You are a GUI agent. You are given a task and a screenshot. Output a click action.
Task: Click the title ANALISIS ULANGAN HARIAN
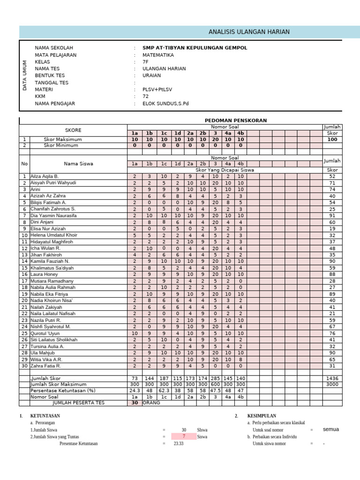click(x=249, y=32)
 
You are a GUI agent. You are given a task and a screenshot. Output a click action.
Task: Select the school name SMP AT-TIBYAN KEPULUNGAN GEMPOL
click(x=195, y=48)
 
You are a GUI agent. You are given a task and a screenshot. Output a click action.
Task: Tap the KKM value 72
click(x=146, y=97)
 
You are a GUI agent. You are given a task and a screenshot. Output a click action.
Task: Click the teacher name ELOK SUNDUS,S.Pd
click(x=165, y=104)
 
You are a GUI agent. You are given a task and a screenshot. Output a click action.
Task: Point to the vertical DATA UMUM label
click(x=25, y=75)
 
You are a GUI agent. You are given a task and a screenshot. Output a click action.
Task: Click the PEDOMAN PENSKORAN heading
click(x=235, y=120)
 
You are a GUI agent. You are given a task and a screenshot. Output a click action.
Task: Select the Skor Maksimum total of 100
click(x=332, y=140)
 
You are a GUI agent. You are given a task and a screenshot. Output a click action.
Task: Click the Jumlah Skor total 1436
click(x=332, y=378)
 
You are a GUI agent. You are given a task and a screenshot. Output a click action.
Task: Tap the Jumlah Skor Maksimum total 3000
click(x=332, y=384)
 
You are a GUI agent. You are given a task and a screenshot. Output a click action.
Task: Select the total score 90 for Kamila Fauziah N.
click(x=332, y=261)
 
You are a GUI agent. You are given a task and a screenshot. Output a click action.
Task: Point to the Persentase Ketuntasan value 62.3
click(x=164, y=390)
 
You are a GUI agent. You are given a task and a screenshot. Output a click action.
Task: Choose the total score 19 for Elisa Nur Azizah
click(x=332, y=228)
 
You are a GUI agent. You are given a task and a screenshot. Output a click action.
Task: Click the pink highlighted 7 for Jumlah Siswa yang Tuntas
click(x=183, y=436)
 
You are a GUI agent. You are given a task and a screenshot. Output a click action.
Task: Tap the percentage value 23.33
click(x=179, y=443)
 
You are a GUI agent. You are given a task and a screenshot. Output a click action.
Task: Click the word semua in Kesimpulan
click(x=330, y=429)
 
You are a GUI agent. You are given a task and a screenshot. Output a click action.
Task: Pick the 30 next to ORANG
click(x=135, y=403)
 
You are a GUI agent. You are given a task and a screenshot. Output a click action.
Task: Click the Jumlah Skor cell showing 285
click(x=215, y=378)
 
